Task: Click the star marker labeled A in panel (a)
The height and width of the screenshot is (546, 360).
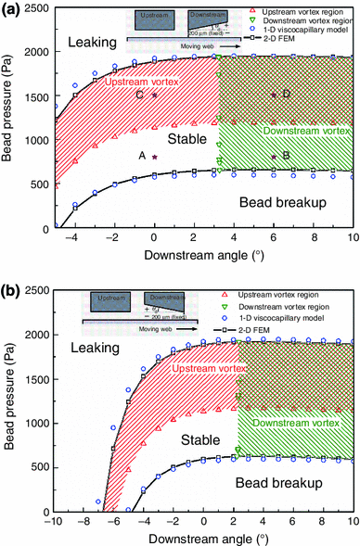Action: (155, 159)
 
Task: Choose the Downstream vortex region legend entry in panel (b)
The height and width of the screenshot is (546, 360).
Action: (302, 306)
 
